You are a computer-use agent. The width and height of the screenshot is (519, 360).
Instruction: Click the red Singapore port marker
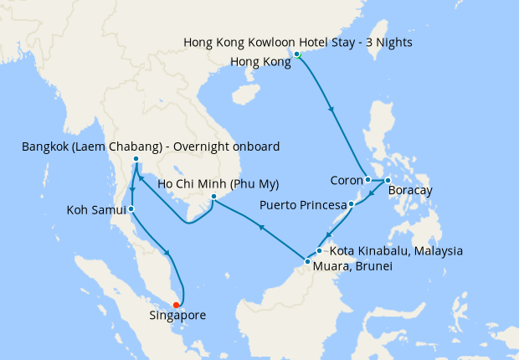click(176, 305)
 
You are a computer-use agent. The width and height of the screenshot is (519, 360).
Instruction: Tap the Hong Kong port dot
click(297, 54)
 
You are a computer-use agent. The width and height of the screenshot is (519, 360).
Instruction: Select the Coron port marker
click(367, 179)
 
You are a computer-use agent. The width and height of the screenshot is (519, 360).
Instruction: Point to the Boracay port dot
click(387, 181)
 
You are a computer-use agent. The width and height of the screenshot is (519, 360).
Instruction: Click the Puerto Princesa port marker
click(351, 203)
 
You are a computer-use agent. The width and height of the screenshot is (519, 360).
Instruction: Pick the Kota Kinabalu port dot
click(320, 250)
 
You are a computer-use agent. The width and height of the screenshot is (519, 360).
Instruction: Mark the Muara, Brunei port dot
click(306, 260)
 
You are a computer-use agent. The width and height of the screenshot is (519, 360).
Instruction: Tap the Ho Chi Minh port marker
click(213, 197)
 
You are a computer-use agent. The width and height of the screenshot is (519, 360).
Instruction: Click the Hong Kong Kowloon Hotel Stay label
click(298, 41)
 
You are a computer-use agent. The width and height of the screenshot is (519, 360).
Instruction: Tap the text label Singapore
click(177, 316)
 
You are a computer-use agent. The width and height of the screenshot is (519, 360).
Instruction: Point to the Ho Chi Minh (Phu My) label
click(218, 183)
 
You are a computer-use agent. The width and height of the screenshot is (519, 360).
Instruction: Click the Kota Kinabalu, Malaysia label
click(396, 250)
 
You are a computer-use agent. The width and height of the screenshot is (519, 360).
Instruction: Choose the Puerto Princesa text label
click(302, 204)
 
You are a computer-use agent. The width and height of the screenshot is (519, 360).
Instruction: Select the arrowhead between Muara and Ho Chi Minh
click(261, 227)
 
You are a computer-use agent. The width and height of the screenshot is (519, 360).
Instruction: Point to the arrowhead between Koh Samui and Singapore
click(171, 254)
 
